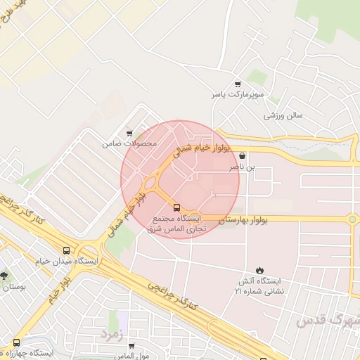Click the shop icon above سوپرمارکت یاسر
(x=238, y=83)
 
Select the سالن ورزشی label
(x=283, y=115)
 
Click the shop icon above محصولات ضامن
(x=129, y=133)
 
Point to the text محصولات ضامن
(x=129, y=143)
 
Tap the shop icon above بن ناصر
(x=243, y=156)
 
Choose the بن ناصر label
(x=241, y=168)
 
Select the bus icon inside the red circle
(x=176, y=207)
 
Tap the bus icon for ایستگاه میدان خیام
(x=67, y=250)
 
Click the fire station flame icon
(x=259, y=271)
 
